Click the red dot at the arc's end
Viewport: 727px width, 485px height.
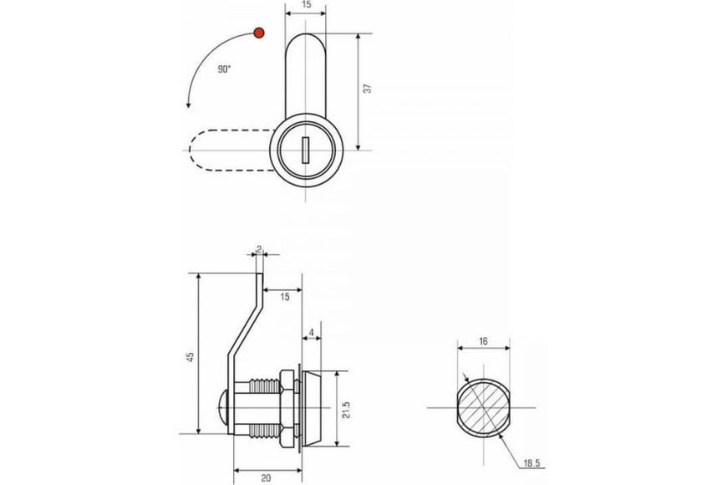point(259,33)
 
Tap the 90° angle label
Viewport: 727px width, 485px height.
point(225,69)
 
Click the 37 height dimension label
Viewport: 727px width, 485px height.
point(368,88)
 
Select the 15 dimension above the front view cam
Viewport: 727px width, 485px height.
point(306,5)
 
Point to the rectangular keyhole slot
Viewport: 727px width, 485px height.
point(306,150)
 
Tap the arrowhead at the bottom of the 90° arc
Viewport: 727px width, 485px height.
point(188,104)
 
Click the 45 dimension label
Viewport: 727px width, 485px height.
point(190,357)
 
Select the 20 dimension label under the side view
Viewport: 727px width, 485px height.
point(266,478)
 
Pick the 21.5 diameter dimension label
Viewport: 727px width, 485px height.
point(346,410)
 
